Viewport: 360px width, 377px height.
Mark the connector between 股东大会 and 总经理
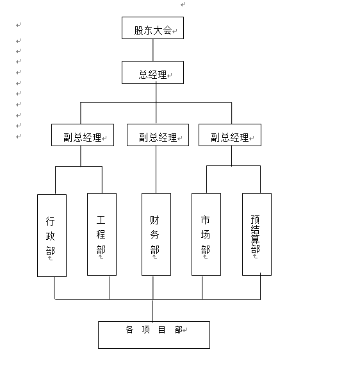(153, 50)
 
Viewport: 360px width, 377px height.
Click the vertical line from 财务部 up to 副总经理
(156, 169)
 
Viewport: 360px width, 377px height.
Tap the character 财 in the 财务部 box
(154, 220)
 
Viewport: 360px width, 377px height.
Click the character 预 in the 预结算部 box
(255, 219)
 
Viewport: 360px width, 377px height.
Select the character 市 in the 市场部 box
(206, 220)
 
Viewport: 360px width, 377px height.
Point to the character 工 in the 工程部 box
(101, 220)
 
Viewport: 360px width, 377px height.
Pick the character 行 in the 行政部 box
(50, 221)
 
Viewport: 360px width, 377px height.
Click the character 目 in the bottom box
(161, 330)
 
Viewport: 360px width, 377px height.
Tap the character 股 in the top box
(139, 31)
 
